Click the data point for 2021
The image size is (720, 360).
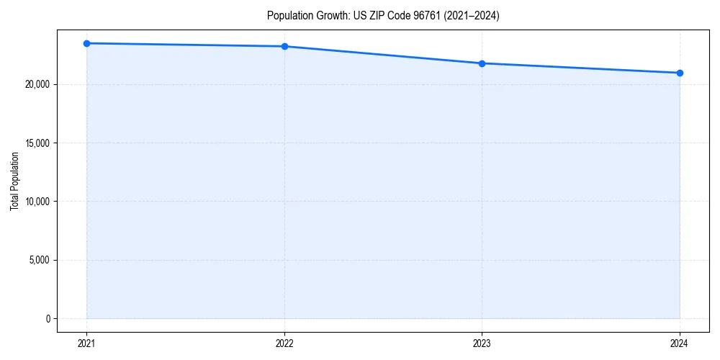[86, 43]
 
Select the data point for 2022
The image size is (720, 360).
[284, 46]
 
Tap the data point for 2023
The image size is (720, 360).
[482, 63]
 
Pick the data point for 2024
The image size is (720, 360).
[680, 73]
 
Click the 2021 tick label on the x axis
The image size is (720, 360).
[86, 343]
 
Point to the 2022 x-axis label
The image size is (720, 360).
[284, 343]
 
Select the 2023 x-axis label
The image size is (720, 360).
[482, 343]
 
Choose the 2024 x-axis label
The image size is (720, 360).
[680, 343]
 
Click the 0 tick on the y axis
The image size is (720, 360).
[48, 318]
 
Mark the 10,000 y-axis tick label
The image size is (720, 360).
[37, 202]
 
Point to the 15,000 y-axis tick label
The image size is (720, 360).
[37, 143]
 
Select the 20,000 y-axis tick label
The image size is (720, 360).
[37, 84]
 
